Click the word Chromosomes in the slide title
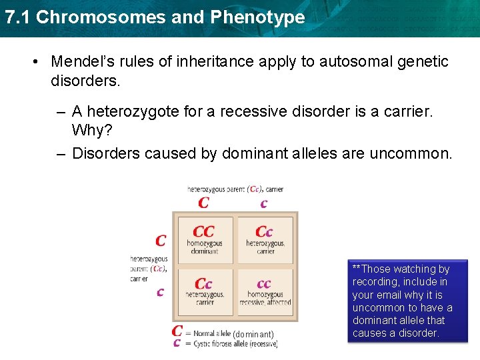point(101,17)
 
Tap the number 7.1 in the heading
point(17,17)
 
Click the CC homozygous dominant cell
point(204,239)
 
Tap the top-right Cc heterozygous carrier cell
point(265,239)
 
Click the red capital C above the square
point(204,202)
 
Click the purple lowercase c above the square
point(264,203)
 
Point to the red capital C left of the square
point(161,240)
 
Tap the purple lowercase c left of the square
point(160,292)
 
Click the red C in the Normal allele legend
point(177,331)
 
